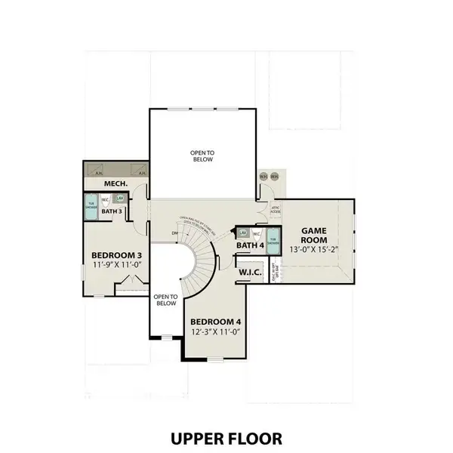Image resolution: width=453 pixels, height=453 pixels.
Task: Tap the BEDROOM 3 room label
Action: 118,255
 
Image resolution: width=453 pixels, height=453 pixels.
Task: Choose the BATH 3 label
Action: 112,211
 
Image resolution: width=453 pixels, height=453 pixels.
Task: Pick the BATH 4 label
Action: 250,245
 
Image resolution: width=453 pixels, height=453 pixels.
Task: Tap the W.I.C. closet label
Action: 251,272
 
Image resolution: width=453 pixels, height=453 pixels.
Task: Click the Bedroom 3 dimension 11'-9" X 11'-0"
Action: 118,266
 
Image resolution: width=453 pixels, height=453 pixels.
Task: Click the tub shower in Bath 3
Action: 91,207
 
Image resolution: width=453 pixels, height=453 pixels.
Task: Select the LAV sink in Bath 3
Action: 120,198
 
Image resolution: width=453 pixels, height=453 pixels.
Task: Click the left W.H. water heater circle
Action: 263,176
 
